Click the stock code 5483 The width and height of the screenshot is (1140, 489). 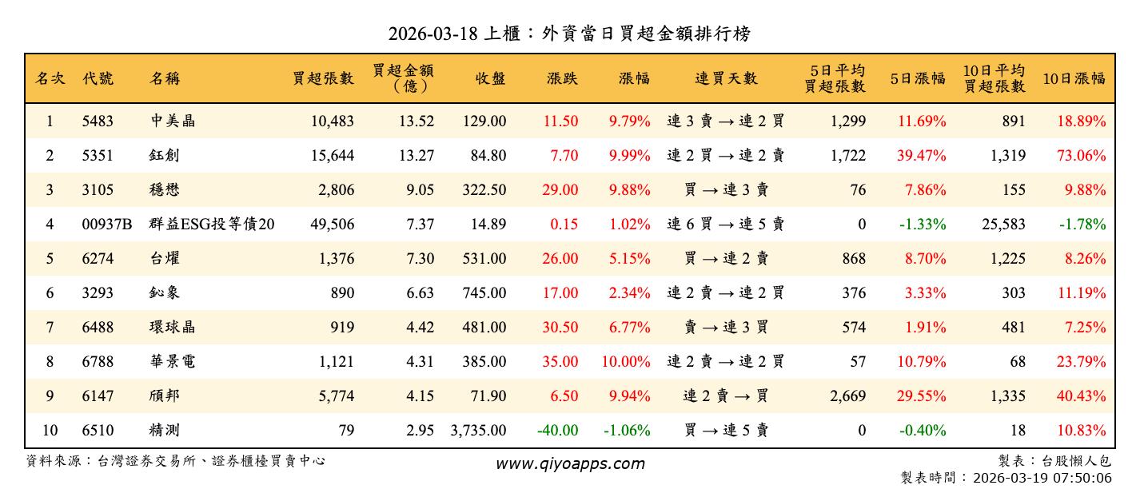point(98,121)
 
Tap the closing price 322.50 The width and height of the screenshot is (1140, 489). point(484,190)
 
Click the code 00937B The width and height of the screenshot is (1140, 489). point(106,225)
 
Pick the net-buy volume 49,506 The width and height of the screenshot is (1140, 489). point(332,225)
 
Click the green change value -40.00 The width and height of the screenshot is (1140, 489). point(557,431)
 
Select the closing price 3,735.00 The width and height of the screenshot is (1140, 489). point(478,431)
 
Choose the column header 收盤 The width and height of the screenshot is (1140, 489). point(490,78)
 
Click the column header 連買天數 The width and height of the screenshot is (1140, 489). point(725,78)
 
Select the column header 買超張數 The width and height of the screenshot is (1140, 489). point(323,78)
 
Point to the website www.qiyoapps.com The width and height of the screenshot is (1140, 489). point(569,463)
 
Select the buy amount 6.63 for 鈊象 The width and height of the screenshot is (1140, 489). point(420,293)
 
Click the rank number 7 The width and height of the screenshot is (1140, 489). point(50,328)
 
